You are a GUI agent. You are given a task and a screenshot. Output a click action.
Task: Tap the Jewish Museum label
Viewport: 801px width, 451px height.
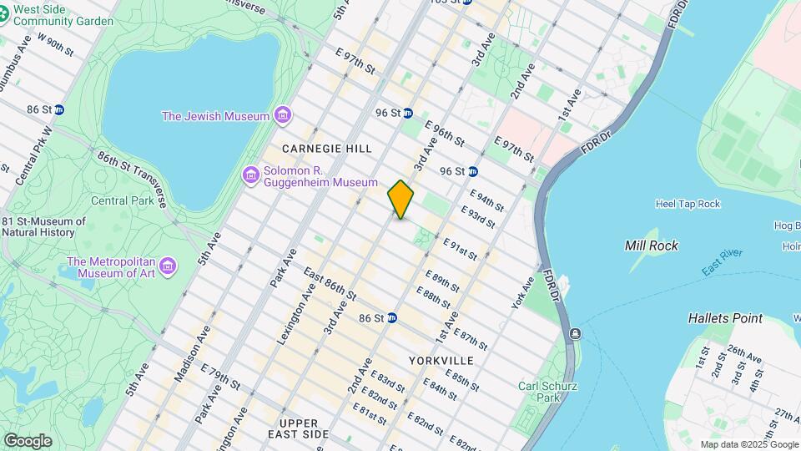[215, 116]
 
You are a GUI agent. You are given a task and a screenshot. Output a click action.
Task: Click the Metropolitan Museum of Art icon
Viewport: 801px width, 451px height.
[169, 266]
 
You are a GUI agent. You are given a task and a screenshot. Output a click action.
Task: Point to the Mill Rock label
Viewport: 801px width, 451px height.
[651, 246]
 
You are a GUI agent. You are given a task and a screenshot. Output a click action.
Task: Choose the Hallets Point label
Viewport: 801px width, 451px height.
[725, 318]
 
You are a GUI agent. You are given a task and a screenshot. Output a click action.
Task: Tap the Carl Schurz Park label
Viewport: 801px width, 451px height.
[538, 392]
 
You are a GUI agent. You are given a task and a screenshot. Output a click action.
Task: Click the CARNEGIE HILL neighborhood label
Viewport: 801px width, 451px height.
[326, 149]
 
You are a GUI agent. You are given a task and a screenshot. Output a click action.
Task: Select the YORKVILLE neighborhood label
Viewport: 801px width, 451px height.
[441, 361]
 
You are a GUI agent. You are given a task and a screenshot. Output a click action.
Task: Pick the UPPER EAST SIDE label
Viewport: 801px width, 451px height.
[300, 429]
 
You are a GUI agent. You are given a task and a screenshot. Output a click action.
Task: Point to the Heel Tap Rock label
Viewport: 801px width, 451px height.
[688, 204]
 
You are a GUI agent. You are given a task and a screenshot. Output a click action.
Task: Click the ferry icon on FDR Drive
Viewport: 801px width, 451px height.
[575, 334]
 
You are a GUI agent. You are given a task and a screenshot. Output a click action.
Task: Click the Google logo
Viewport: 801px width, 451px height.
[28, 441]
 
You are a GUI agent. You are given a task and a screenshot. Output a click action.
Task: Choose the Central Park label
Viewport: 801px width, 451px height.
[121, 200]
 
